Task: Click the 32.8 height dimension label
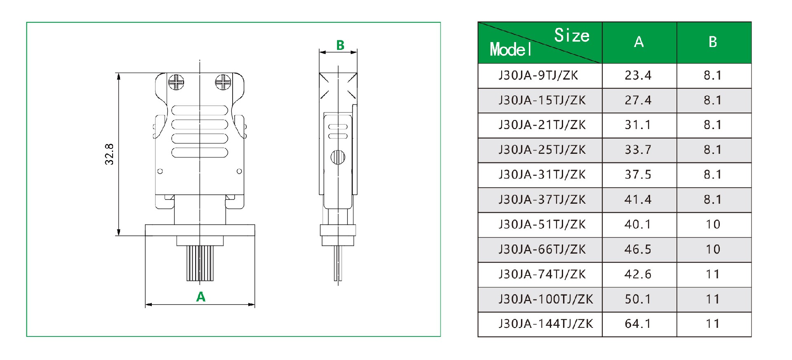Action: [109, 154]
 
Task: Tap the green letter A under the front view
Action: [200, 296]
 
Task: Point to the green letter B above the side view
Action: [340, 45]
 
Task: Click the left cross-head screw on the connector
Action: [176, 82]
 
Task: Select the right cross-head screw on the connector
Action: [223, 82]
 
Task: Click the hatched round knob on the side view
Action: [338, 157]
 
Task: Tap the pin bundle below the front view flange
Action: [200, 263]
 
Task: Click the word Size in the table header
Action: [572, 35]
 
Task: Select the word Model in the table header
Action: [511, 49]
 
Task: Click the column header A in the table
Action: [639, 42]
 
